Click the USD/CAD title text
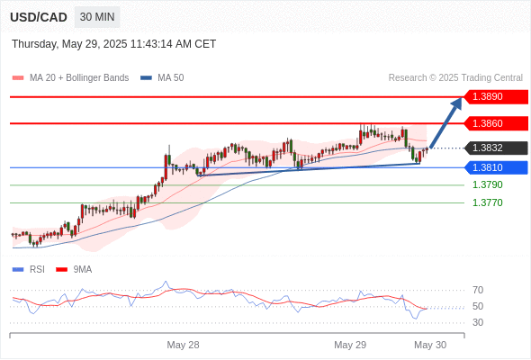(x=39, y=17)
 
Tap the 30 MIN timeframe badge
(x=97, y=17)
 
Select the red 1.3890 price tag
(x=496, y=97)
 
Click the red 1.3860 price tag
(x=496, y=123)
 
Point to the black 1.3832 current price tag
(x=496, y=148)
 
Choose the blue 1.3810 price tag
(x=496, y=167)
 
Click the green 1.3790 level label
(x=487, y=184)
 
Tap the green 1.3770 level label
(x=487, y=202)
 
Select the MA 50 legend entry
(x=162, y=78)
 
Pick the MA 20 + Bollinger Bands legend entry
(x=70, y=78)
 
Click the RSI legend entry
(x=29, y=270)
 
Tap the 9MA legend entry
(x=74, y=270)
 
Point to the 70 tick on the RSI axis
(x=478, y=290)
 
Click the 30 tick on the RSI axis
(x=478, y=322)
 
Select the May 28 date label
(x=183, y=345)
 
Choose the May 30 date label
(x=430, y=345)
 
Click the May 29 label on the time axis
(x=350, y=345)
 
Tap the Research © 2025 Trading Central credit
(x=455, y=78)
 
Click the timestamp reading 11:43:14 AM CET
(x=173, y=44)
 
